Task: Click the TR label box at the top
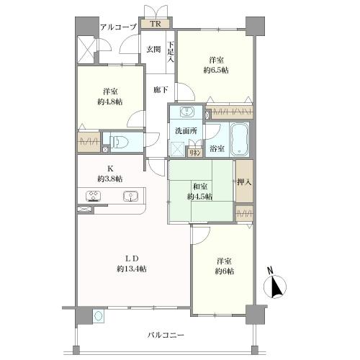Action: tap(156, 23)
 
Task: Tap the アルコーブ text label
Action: tap(118, 27)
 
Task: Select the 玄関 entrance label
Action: tap(153, 49)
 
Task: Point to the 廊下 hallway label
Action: tap(161, 91)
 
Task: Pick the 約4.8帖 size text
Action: tap(109, 102)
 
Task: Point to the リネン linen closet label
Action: tap(194, 152)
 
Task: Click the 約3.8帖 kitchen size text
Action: tap(109, 178)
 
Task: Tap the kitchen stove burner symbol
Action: tap(94, 195)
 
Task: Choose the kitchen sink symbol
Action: tap(130, 195)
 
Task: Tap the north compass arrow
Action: tap(275, 287)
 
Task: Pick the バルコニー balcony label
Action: tap(167, 336)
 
